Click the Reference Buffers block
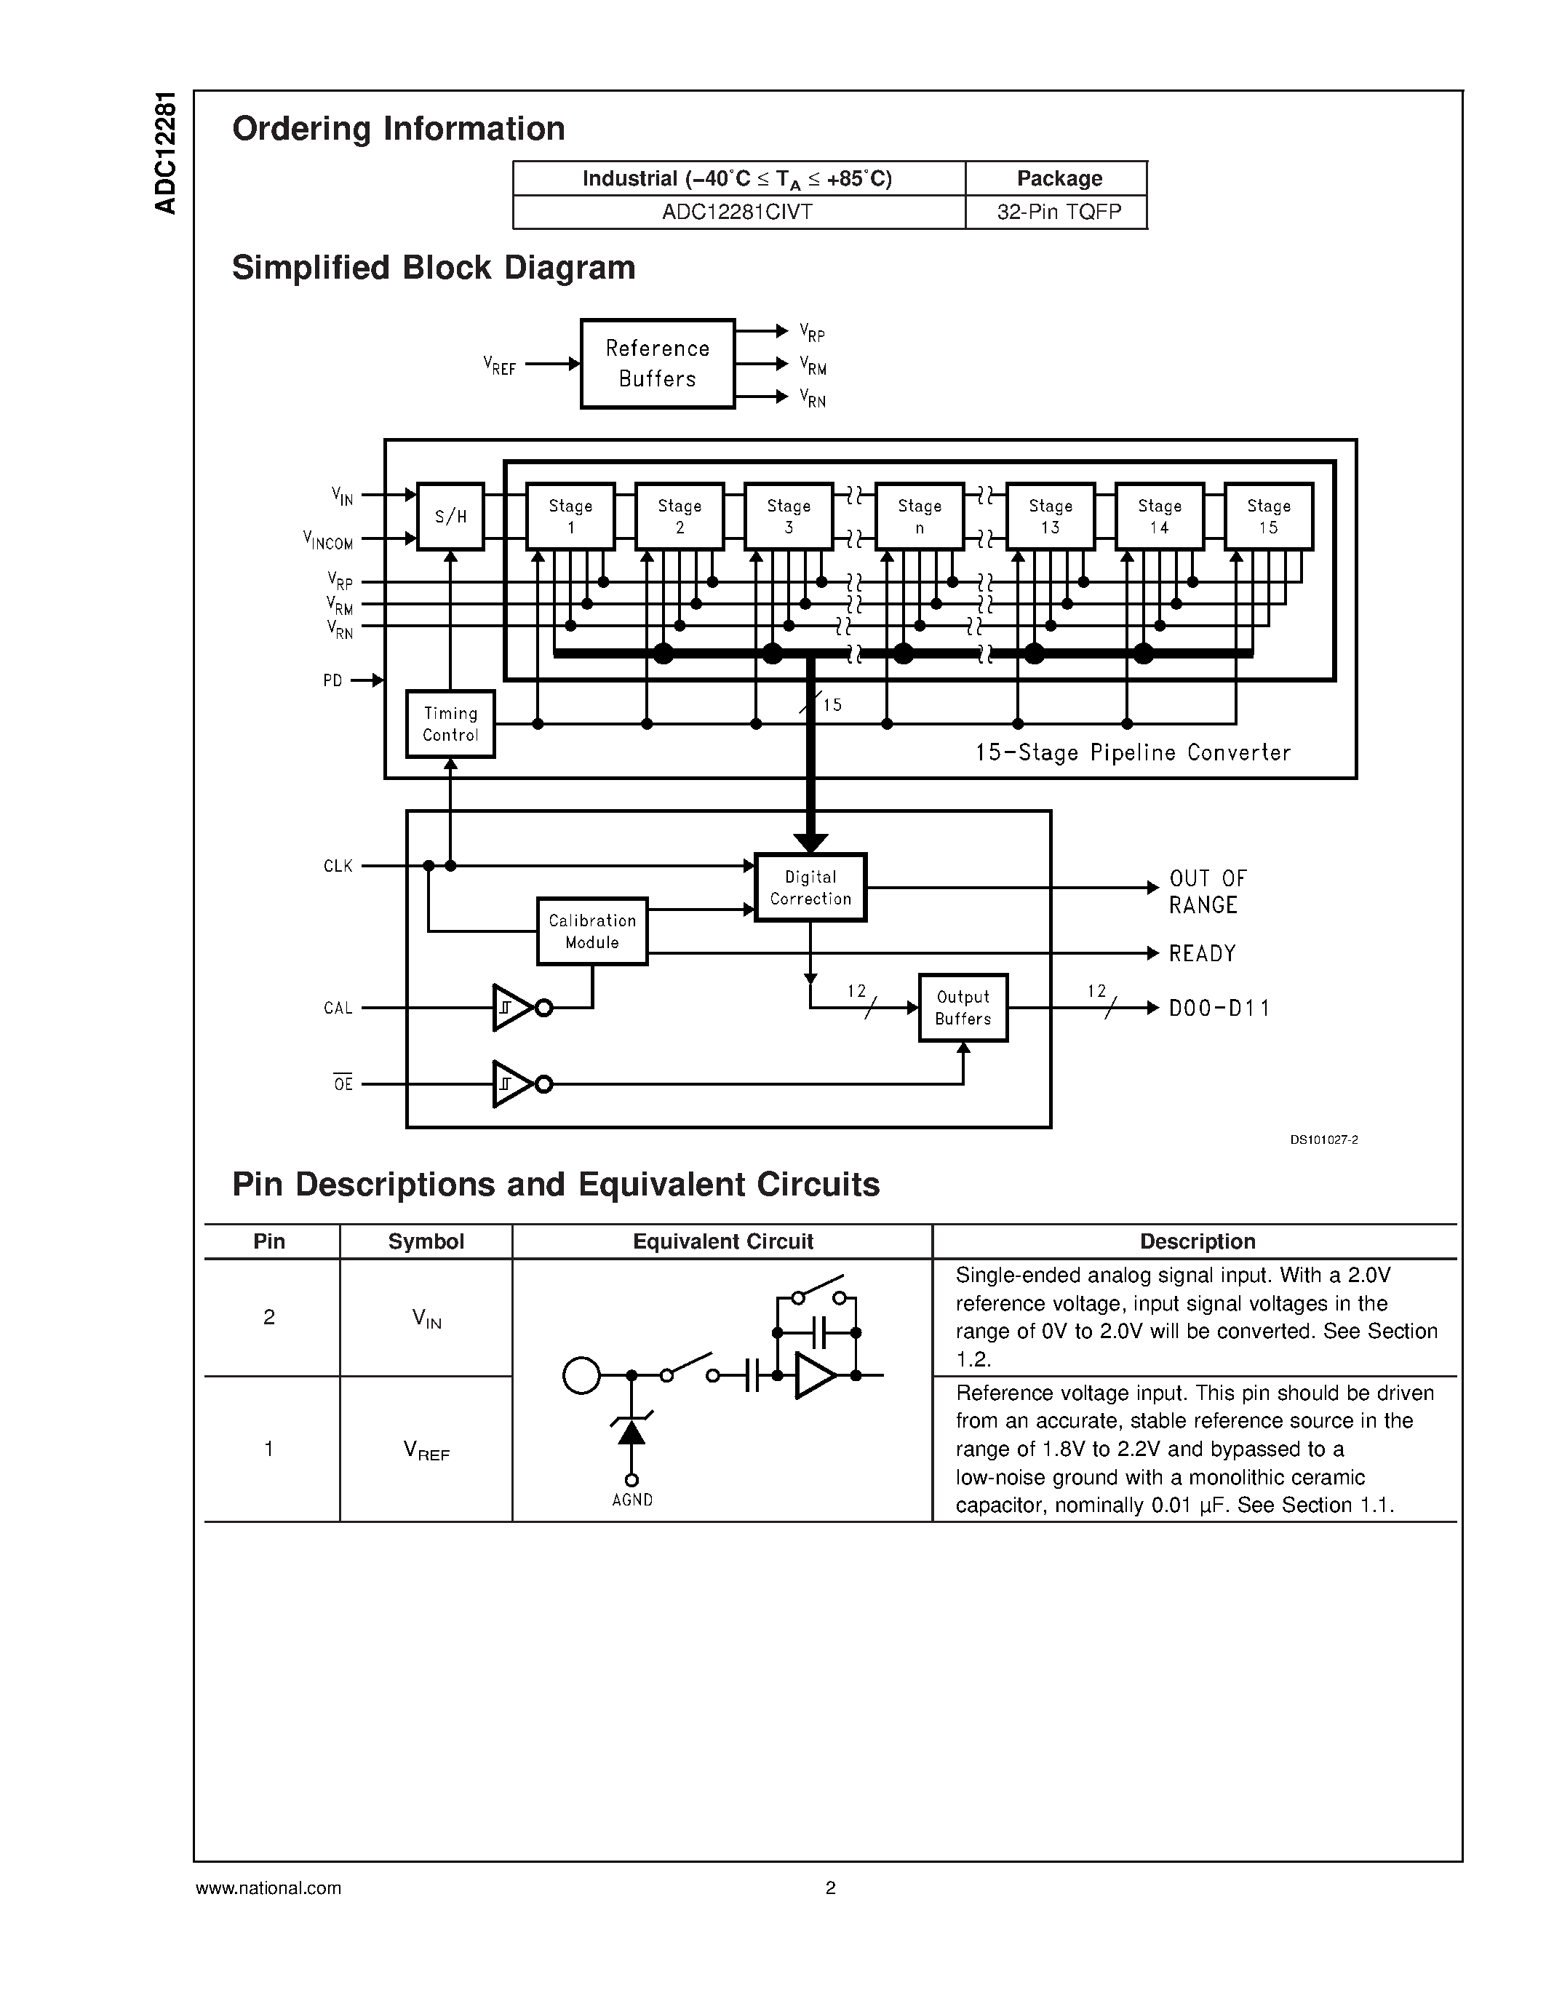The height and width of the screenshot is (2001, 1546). pos(657,364)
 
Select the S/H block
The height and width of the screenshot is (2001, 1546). pos(450,517)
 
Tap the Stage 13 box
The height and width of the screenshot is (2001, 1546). pos(1050,517)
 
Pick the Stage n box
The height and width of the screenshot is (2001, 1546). pos(919,517)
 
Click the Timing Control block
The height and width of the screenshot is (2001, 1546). pos(450,724)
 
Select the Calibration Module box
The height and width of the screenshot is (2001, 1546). pos(591,931)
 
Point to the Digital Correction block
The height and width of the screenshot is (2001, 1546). pos(810,888)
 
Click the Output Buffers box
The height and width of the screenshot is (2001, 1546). pos(963,1008)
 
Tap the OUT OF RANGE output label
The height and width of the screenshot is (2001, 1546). pos(1206,891)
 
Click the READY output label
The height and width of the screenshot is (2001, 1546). pos(1202,954)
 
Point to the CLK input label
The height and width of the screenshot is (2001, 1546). pos(338,866)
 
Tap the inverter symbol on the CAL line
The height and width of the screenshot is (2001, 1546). pos(514,1008)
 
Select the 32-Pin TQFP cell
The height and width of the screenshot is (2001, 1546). pos(1058,212)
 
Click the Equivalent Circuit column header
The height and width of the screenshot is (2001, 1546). pos(722,1241)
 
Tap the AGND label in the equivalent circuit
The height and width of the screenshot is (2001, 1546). pos(632,1500)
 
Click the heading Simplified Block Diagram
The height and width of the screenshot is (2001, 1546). pos(433,268)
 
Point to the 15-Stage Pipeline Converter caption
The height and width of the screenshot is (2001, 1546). pos(1132,753)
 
